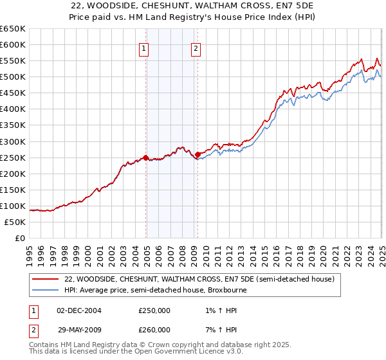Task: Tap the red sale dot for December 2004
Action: coord(146,157)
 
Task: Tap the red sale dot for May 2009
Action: coord(198,154)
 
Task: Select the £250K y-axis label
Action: coord(13,157)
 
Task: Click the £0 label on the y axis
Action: coord(20,238)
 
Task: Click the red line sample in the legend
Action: coord(45,280)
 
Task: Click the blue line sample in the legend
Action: coord(45,291)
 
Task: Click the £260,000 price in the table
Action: coord(154,330)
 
